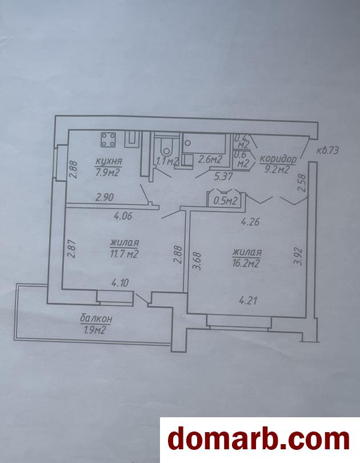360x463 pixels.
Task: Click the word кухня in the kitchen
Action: [109, 162]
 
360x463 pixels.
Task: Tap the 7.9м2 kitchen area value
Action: [107, 172]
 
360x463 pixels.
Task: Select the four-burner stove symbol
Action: [109, 139]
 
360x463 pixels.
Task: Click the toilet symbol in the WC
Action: [167, 146]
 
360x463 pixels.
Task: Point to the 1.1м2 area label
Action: [167, 161]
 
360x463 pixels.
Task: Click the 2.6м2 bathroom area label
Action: [210, 159]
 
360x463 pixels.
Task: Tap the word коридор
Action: [278, 159]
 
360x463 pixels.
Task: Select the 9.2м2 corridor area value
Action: [277, 169]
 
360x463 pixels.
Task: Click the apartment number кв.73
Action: [327, 150]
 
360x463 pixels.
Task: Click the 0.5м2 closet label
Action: [225, 201]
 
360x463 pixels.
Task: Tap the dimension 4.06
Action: [123, 216]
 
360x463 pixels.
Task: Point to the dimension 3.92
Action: [299, 257]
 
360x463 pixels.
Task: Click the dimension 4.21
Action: [248, 301]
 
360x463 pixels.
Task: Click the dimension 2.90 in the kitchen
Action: [105, 197]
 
